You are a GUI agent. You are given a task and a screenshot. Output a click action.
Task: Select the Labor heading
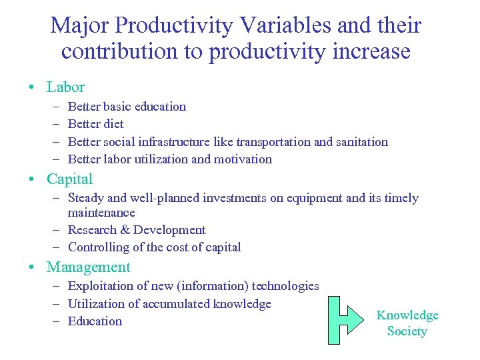pos(65,87)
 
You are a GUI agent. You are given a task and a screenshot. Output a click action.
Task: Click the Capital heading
pos(70,179)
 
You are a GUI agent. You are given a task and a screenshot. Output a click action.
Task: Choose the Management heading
pos(89,267)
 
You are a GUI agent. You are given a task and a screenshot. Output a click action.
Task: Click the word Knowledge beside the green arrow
pos(407,315)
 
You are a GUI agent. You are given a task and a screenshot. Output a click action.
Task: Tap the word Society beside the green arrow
pos(407,331)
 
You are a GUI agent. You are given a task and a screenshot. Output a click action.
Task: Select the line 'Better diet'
pos(96,124)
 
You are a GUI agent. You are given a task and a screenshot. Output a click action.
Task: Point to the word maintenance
pos(101,213)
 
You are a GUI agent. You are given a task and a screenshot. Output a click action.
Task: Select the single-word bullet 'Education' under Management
pos(95,321)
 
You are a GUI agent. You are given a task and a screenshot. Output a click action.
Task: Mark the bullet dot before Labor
pos(32,87)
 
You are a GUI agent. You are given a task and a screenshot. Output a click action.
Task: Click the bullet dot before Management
pos(32,267)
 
